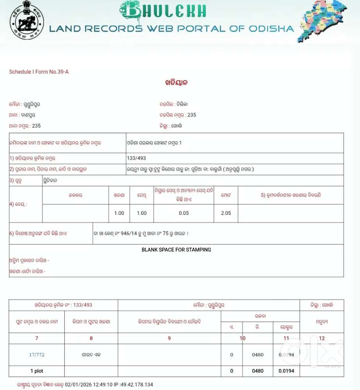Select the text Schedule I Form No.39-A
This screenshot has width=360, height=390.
click(39, 72)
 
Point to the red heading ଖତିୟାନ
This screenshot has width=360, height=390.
click(177, 83)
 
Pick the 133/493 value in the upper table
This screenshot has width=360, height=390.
click(136, 158)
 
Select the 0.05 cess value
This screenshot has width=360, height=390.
click(184, 213)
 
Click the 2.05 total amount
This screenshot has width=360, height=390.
click(226, 213)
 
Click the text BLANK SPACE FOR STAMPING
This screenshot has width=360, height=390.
click(176, 250)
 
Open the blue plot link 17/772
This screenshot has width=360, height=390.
click(37, 355)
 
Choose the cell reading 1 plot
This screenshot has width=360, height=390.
click(37, 371)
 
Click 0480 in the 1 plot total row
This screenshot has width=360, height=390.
click(258, 371)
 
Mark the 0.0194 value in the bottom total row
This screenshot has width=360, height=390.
click(286, 371)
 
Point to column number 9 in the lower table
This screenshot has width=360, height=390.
click(169, 338)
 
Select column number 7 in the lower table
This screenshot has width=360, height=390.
click(37, 338)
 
